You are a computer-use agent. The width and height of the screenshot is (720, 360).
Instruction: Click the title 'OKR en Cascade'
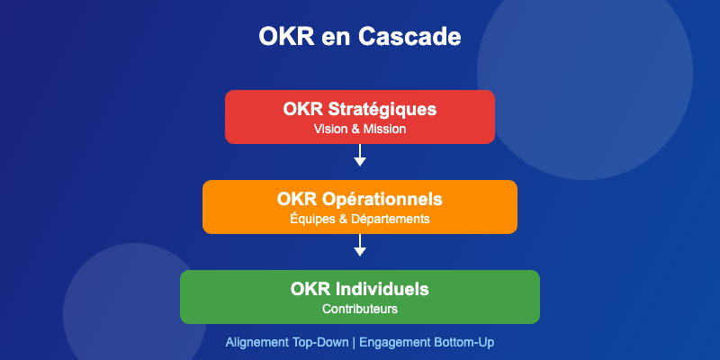click(360, 37)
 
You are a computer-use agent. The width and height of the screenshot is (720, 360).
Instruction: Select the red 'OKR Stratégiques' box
click(360, 117)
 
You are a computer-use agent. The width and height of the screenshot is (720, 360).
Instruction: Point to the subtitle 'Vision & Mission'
click(360, 130)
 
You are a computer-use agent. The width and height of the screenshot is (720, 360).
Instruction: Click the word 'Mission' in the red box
click(384, 130)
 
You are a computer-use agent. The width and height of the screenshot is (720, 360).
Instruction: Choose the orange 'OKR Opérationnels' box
click(360, 206)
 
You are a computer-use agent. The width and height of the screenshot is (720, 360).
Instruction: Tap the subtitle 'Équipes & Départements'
click(360, 219)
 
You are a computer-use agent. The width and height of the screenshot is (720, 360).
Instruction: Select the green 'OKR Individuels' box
click(360, 296)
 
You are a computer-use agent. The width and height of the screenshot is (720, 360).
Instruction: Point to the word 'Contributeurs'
click(360, 309)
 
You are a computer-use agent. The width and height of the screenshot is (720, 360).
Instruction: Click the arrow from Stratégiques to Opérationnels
click(360, 155)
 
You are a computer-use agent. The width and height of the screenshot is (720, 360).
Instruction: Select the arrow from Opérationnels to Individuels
click(360, 245)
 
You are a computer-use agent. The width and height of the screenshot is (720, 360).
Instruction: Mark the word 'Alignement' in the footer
click(256, 343)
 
